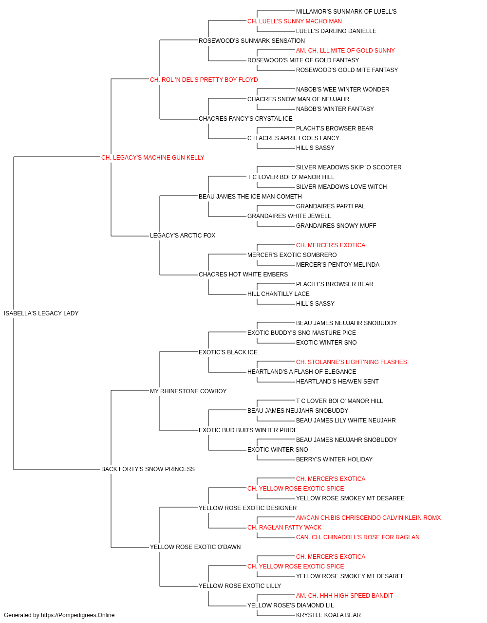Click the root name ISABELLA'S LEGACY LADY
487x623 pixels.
click(41, 313)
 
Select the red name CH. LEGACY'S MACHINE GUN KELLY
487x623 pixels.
click(152, 158)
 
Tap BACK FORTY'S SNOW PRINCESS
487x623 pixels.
click(148, 469)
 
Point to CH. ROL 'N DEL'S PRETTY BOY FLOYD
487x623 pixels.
click(204, 80)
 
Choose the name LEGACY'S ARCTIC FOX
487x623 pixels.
click(183, 236)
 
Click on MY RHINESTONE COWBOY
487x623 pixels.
click(188, 391)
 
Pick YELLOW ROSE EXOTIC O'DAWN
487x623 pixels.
click(195, 547)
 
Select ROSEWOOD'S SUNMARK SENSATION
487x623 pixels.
click(251, 41)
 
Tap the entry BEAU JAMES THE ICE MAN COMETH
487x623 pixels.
click(250, 197)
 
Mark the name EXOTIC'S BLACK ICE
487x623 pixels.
click(228, 352)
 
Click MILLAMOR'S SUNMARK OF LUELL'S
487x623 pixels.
click(346, 12)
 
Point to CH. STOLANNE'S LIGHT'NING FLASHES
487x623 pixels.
click(351, 362)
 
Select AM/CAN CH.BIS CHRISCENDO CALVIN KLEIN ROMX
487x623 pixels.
click(368, 518)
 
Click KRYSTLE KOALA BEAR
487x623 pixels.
click(328, 615)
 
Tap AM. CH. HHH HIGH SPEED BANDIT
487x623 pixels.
click(344, 596)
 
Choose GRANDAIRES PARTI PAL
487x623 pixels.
click(330, 206)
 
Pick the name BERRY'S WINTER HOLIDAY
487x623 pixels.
click(334, 459)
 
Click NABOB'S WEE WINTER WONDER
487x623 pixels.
click(342, 90)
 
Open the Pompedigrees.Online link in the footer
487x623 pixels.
click(77, 615)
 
